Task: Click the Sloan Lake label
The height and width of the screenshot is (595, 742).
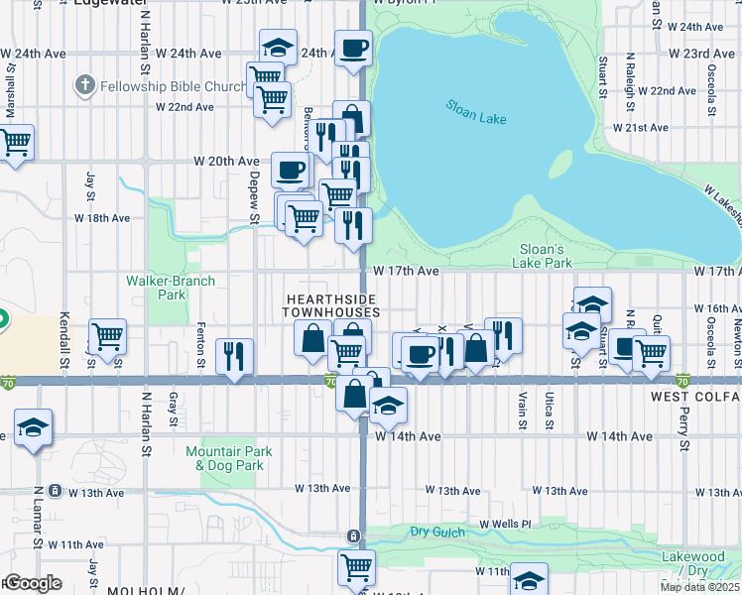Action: pos(476,112)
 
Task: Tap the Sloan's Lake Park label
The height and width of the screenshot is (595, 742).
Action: pos(543,256)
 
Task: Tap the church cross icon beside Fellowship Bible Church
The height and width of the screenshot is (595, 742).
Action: pos(85,86)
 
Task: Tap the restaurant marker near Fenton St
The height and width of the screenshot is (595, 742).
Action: pos(234,356)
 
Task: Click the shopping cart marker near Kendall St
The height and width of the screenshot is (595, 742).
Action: pos(106,335)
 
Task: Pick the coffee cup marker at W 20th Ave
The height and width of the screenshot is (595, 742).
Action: pos(290,169)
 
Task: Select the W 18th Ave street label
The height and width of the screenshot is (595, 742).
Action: pos(106,217)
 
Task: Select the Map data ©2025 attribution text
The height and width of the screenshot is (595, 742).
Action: pos(699,587)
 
